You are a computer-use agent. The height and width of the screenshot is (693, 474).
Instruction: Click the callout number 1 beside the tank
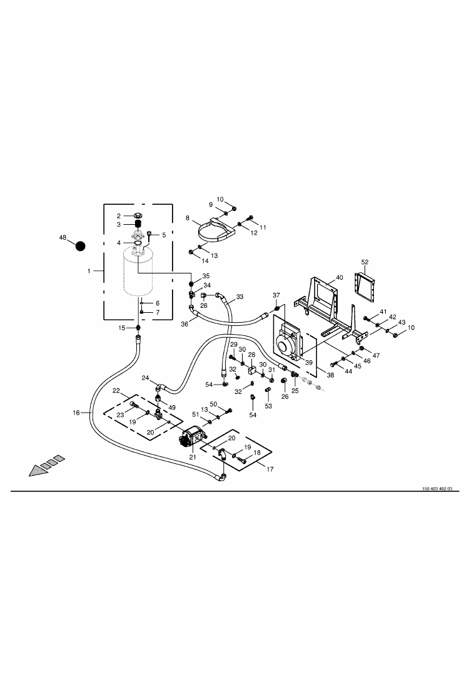point(89,271)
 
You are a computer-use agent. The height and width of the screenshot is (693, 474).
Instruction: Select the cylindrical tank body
point(138,273)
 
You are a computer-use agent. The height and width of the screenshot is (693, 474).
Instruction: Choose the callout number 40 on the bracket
point(340,277)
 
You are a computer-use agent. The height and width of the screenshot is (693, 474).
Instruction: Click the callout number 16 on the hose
point(76,413)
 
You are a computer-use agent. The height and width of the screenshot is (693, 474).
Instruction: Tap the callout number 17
point(270,469)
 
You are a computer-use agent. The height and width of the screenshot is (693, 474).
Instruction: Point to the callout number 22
point(116,391)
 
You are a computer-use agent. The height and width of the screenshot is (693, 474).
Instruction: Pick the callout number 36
point(184,324)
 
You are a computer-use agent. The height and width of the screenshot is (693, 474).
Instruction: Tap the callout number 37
point(276,295)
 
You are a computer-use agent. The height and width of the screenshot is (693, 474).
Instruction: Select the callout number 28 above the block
point(251,355)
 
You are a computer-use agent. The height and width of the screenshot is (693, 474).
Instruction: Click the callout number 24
point(145,378)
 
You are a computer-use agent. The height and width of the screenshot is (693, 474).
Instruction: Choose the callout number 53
point(269,406)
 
